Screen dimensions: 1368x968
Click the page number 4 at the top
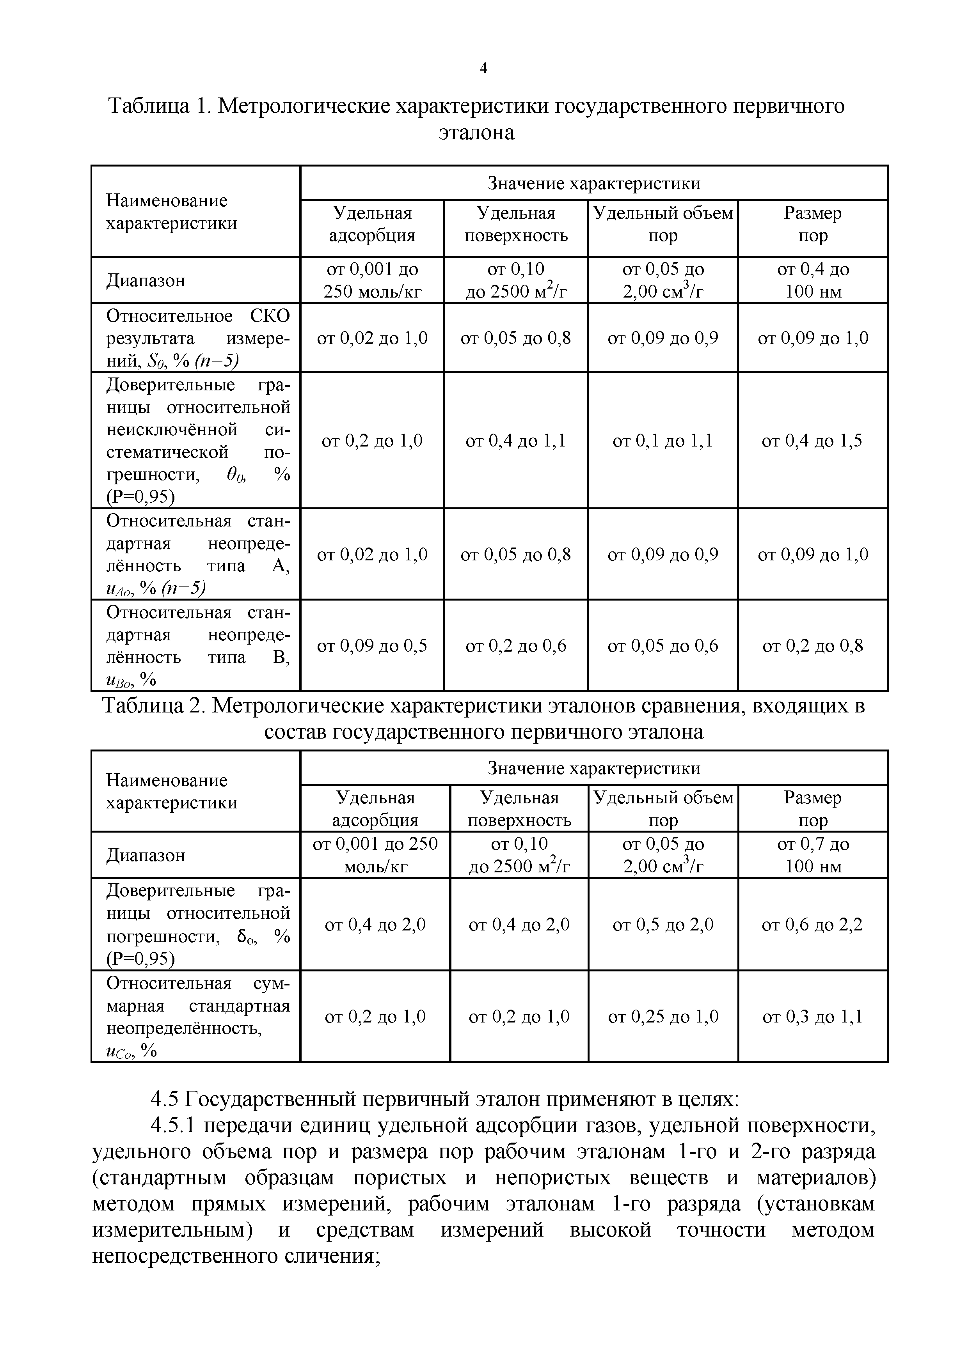click(483, 69)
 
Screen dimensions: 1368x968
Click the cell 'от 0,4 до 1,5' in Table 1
click(812, 441)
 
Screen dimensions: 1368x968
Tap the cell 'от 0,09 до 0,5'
click(372, 646)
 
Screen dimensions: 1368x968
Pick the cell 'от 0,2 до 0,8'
click(812, 646)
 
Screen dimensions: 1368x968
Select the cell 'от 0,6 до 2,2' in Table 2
click(812, 925)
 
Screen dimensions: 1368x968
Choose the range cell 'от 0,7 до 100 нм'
click(812, 855)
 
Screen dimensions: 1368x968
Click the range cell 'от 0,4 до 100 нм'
click(812, 280)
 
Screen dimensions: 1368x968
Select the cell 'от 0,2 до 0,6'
click(515, 646)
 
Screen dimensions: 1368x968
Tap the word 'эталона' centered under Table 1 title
click(476, 132)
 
